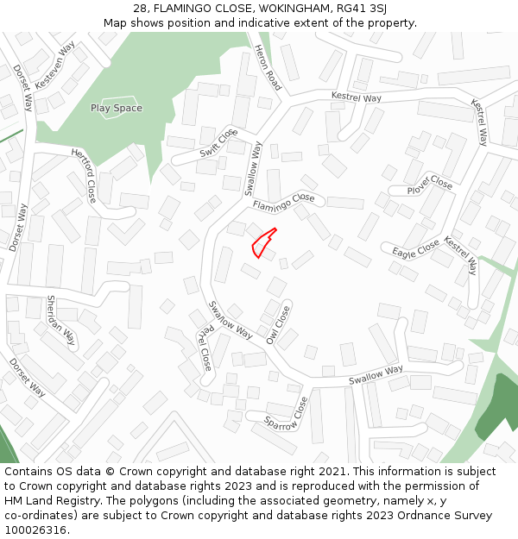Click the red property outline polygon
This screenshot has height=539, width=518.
(262, 244)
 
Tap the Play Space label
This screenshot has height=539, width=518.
(117, 108)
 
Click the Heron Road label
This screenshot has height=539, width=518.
(268, 67)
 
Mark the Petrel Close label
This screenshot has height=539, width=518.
(204, 344)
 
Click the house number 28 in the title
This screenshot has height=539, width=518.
(141, 8)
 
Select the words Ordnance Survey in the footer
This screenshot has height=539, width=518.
(448, 516)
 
